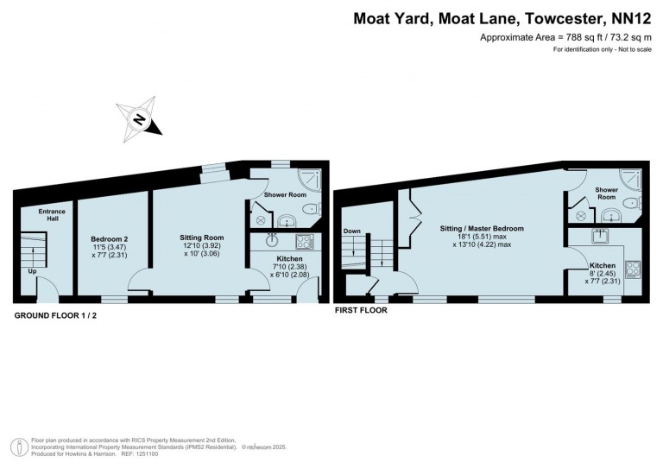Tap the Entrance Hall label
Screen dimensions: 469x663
52,214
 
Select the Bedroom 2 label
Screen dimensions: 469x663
110,238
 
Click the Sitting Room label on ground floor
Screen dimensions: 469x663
201,237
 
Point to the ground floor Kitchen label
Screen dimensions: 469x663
288,258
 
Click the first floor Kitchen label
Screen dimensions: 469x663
602,266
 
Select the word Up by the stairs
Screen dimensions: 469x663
33,270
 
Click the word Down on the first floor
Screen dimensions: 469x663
352,231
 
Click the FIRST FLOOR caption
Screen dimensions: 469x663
360,309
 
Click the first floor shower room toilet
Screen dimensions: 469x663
632,204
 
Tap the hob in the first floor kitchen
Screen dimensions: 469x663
632,268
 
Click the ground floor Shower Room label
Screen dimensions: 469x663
285,195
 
